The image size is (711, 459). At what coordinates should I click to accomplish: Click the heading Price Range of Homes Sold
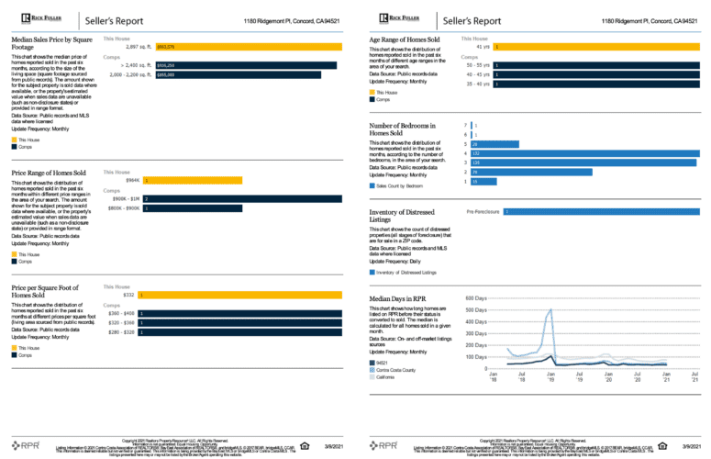[49, 173]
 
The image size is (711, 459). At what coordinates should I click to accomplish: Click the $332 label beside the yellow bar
[128, 295]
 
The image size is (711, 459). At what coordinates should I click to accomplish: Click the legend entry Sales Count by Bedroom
[405, 185]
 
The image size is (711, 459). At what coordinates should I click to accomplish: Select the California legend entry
[385, 377]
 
